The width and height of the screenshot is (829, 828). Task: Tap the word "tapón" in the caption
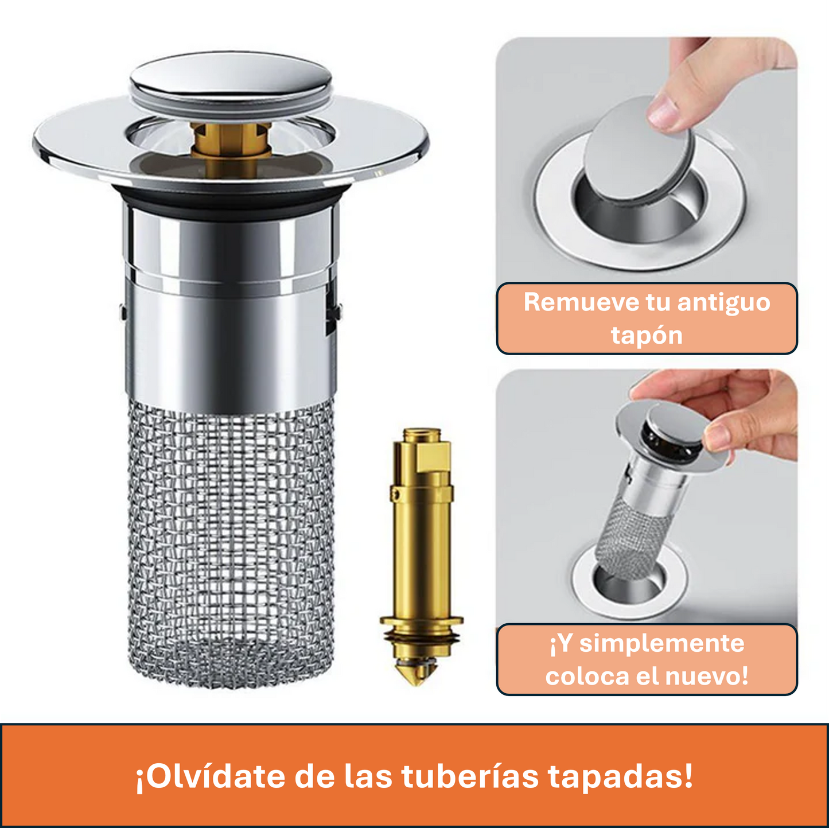(647, 335)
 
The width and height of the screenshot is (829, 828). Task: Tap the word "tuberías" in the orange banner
(470, 777)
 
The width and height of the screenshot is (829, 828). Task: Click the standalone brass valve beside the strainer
(421, 551)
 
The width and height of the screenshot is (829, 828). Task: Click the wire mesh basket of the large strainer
(230, 545)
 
